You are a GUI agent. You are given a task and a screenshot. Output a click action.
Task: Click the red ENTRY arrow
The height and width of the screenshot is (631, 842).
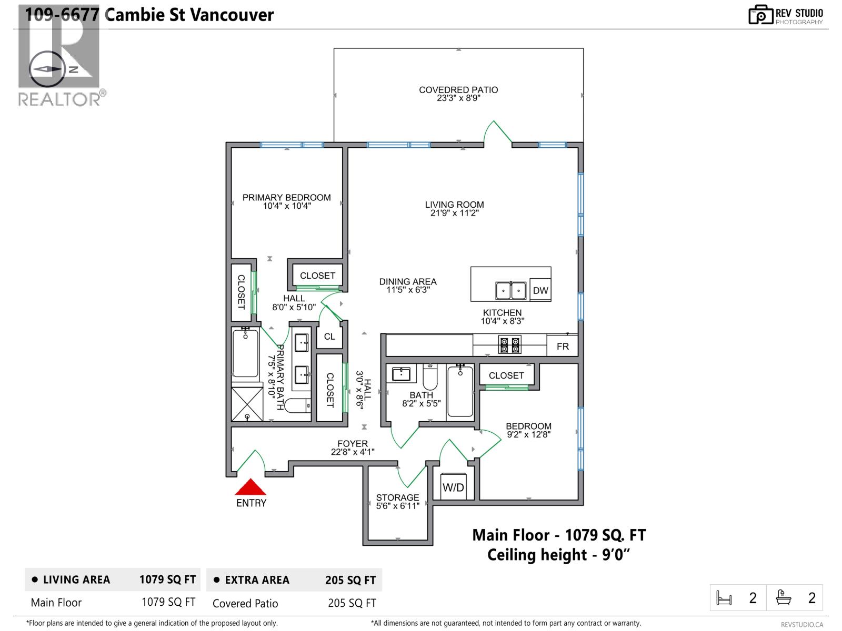point(250,487)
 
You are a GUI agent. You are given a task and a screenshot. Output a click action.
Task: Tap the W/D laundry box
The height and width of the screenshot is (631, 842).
point(453,487)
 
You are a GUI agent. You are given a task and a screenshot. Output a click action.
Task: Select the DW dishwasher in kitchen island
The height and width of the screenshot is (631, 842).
point(540,290)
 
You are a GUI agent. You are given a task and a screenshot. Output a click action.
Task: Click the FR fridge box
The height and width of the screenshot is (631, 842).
point(563,346)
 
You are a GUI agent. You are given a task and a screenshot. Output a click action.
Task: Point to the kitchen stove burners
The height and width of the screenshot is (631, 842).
point(510,345)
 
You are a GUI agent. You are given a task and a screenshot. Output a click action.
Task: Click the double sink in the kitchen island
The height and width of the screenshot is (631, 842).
point(510,290)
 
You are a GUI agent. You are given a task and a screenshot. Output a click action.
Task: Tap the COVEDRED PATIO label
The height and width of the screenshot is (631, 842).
point(458,90)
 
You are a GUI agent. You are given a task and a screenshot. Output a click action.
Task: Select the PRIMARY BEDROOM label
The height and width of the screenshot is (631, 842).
point(286,198)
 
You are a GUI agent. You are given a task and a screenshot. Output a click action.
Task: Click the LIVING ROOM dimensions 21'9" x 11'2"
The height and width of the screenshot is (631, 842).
point(454,213)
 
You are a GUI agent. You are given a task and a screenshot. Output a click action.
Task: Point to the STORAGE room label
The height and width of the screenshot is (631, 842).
point(397,497)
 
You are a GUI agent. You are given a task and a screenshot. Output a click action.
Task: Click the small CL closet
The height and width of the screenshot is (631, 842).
point(329,337)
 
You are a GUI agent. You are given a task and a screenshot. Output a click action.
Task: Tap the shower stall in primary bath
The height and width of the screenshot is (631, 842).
point(247,404)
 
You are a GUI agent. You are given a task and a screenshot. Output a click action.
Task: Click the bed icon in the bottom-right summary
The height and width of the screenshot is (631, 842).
point(724,598)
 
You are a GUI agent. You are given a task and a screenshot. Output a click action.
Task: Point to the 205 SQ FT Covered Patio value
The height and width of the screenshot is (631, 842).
point(352,603)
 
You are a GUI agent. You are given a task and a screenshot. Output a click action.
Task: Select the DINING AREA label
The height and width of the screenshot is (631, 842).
point(408,282)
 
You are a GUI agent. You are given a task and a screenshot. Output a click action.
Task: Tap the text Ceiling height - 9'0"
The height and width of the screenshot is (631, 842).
point(558,555)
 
